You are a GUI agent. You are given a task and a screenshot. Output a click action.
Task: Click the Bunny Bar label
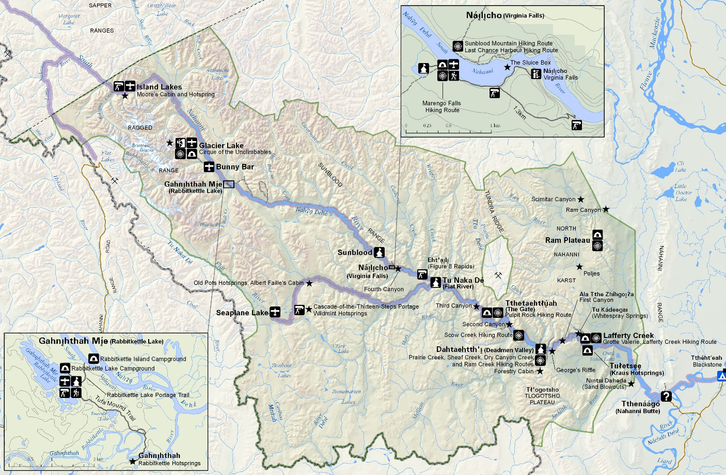point(235,167)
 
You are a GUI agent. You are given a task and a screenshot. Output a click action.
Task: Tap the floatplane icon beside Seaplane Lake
point(275,312)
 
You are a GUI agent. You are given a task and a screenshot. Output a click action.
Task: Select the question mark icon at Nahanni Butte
point(666,396)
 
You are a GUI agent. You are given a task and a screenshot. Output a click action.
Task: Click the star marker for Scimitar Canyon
point(581,199)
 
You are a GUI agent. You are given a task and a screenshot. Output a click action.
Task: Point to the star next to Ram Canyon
point(606,209)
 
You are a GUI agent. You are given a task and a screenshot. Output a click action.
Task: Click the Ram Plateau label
point(567,240)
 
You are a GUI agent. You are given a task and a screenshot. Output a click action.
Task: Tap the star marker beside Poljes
point(579,267)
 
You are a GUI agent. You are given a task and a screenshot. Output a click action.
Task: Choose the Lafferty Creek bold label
point(628,335)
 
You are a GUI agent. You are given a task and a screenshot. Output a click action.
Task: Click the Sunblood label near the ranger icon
point(355,253)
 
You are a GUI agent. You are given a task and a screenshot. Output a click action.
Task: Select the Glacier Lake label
point(221,146)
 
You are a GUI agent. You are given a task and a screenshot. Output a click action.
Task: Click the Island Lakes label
point(159,87)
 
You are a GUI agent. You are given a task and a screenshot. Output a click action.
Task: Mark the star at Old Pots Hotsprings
point(309,283)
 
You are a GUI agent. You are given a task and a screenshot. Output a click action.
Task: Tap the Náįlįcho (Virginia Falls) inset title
point(504,16)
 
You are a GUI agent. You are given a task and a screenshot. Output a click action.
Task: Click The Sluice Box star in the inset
point(507,67)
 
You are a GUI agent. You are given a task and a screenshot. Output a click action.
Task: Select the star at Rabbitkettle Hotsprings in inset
point(133,461)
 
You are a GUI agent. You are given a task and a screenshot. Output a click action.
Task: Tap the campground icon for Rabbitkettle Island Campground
point(94,359)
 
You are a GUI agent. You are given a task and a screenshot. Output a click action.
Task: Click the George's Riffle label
point(576,370)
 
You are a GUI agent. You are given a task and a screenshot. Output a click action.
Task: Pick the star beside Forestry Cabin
point(540,371)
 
